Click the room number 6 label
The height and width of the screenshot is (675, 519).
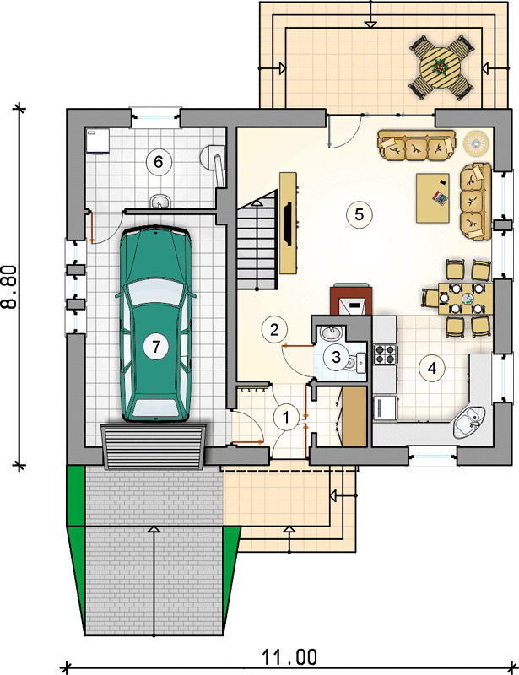[159, 162]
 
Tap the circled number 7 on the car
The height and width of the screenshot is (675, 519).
[155, 346]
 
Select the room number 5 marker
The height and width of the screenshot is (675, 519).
[360, 214]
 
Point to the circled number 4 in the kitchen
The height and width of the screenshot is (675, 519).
[431, 368]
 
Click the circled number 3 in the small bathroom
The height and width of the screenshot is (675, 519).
[336, 356]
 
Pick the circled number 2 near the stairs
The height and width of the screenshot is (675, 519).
[274, 329]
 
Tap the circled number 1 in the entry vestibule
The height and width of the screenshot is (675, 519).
[285, 417]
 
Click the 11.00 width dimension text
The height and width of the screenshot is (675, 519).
[289, 657]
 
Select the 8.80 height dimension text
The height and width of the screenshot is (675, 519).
[9, 287]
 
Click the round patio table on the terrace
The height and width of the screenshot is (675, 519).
[441, 67]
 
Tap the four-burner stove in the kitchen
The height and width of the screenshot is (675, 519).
[384, 354]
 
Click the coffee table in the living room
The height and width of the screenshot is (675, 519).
[432, 198]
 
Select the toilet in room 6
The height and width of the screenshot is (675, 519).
[214, 160]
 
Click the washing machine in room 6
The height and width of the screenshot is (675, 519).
[97, 141]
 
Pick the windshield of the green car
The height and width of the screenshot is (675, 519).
[155, 293]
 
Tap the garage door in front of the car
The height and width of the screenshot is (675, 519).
[154, 446]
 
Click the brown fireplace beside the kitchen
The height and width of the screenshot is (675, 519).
[351, 300]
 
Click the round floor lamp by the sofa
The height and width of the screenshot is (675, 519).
[476, 143]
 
